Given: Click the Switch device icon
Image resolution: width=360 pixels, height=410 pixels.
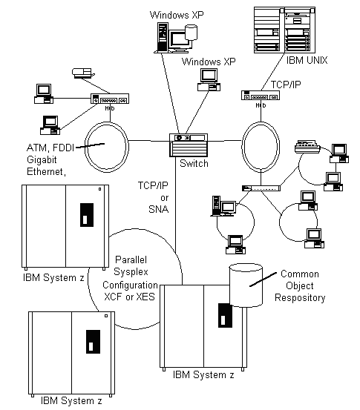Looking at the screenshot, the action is click(189, 145).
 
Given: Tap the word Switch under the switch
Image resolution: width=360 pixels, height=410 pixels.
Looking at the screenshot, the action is click(194, 163).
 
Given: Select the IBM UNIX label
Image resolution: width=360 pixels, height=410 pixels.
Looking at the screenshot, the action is click(307, 60).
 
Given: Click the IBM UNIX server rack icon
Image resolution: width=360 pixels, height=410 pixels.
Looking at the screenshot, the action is click(284, 30).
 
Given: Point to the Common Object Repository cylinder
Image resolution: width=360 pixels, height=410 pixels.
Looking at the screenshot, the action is click(246, 285).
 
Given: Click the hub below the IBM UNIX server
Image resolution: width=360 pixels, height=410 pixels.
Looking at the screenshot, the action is click(261, 95).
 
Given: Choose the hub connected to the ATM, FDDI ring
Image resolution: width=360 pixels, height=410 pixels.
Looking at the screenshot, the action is click(110, 99).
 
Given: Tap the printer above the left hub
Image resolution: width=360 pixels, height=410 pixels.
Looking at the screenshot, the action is click(82, 73).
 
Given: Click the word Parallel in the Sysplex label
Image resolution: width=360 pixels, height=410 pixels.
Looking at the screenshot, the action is click(131, 259).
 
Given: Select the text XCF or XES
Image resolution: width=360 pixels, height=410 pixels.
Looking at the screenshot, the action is click(130, 297).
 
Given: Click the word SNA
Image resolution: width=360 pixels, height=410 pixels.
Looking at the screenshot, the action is click(158, 209).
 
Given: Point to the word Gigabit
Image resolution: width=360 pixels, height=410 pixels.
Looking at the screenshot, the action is click(42, 159).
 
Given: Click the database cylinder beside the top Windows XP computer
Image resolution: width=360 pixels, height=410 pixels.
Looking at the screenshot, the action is click(191, 33).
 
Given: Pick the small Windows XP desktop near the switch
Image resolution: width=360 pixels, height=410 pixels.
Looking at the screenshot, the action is click(209, 80).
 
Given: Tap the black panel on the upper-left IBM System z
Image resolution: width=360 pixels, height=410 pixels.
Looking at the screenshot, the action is click(87, 215).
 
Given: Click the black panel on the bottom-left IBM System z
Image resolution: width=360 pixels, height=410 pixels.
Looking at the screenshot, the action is click(94, 342).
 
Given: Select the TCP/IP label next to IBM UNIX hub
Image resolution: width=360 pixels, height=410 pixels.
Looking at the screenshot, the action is click(286, 85).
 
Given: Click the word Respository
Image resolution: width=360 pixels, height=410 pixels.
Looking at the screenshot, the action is click(300, 297).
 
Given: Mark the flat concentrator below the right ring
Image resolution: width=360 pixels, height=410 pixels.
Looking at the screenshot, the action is click(261, 188).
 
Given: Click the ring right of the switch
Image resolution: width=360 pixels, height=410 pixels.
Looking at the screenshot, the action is click(242, 147).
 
